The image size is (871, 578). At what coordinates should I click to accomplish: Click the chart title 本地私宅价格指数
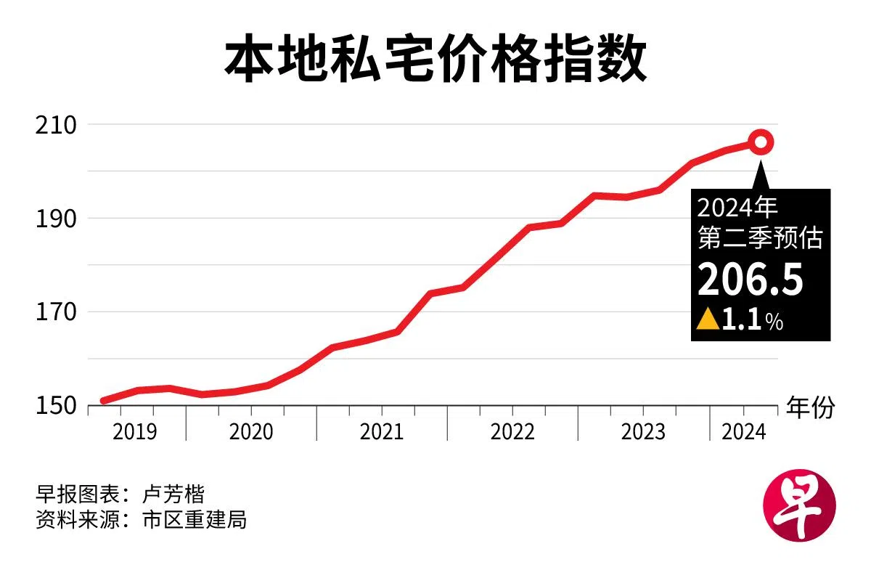tap(435, 61)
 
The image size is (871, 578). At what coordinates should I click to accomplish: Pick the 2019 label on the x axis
tap(135, 431)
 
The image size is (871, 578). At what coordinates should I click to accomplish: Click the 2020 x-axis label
tap(251, 431)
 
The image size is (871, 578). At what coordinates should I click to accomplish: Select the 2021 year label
tap(382, 431)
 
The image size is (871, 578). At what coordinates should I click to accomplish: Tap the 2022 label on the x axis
tap(512, 431)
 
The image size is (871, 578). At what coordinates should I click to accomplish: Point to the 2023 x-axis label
tap(643, 431)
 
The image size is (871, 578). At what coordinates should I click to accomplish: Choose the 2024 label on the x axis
tap(744, 431)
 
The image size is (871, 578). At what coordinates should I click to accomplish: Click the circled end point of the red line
tap(761, 142)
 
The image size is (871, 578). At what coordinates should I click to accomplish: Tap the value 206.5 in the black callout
tap(751, 280)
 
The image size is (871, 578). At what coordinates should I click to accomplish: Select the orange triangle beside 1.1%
tap(707, 319)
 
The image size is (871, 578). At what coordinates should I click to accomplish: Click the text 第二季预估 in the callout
tap(760, 237)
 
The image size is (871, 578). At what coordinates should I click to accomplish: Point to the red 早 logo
tap(800, 508)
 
